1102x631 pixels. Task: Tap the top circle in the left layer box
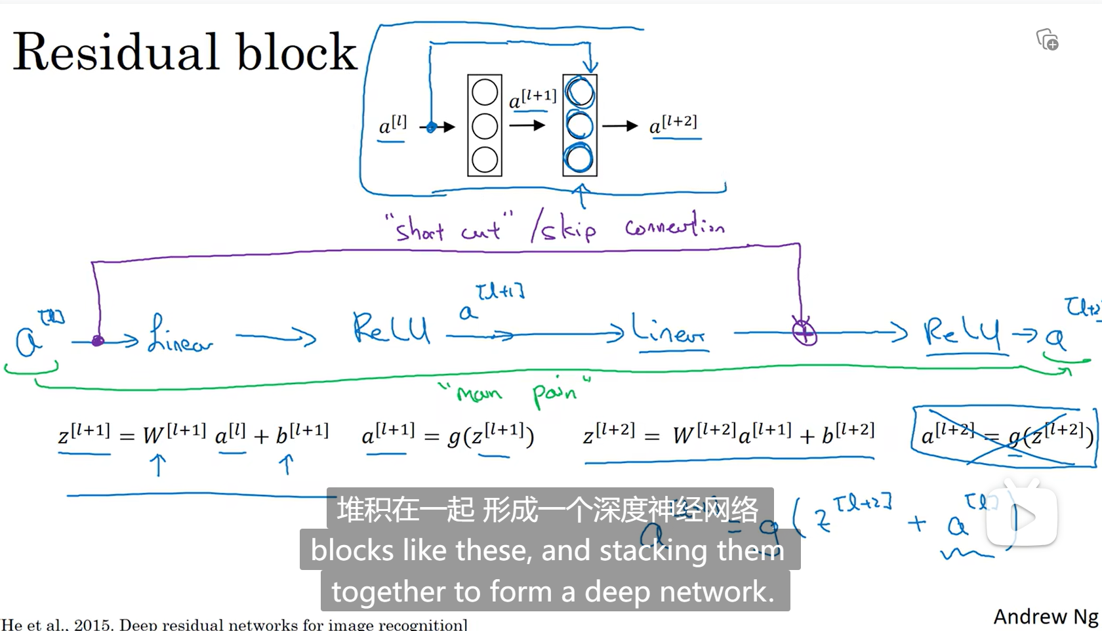coord(485,92)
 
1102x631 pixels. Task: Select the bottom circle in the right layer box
coord(580,159)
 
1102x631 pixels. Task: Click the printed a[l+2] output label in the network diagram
coord(673,124)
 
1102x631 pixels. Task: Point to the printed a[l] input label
coord(393,125)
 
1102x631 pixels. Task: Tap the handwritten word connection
coord(674,227)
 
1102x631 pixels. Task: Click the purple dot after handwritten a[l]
coord(98,341)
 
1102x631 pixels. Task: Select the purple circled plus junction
coord(804,332)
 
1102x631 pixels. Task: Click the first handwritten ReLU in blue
coord(391,329)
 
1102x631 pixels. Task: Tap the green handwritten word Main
coord(480,394)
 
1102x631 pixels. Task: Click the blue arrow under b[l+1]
coord(286,464)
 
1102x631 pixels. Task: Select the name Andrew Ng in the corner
coord(1046,617)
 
